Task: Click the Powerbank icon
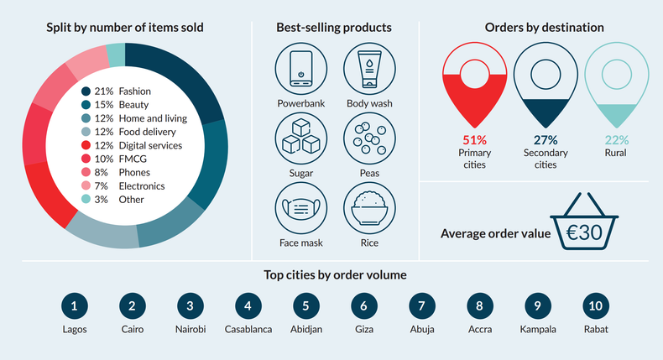[300, 70]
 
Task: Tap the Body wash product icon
[368, 70]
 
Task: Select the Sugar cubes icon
[300, 139]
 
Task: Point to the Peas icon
[368, 139]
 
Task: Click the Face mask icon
[300, 209]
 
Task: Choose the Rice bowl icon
[368, 209]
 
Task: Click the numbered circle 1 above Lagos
[74, 306]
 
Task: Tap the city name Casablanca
[248, 329]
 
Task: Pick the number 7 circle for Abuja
[421, 306]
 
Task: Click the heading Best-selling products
[334, 28]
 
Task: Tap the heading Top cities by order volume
[335, 274]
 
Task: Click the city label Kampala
[537, 329]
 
